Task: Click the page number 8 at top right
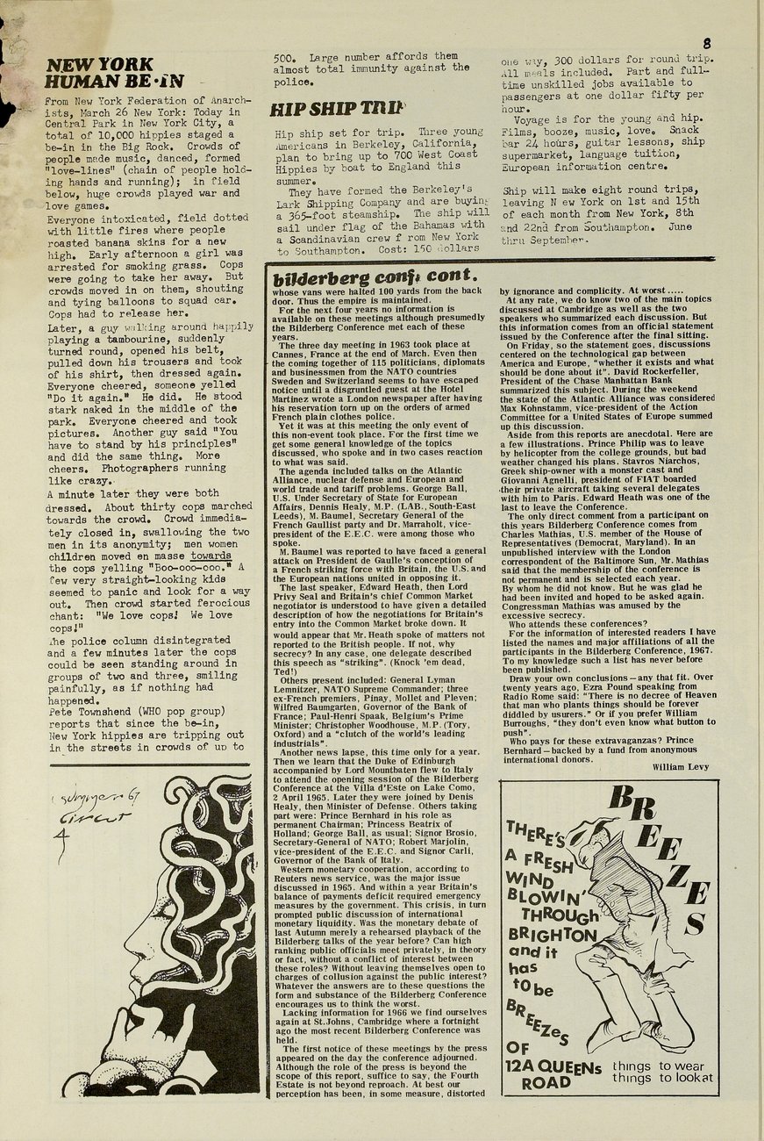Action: [707, 42]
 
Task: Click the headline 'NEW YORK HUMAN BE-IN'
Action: [114, 74]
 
